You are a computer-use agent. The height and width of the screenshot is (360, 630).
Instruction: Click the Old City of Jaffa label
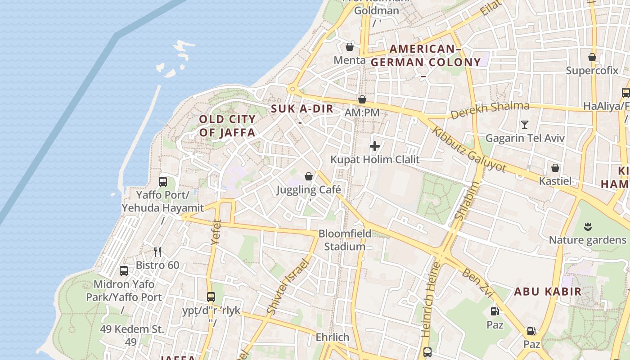click(x=227, y=126)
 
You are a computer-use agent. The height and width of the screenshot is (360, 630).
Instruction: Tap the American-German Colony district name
click(x=426, y=56)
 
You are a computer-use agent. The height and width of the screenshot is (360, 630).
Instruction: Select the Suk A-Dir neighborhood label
click(x=302, y=109)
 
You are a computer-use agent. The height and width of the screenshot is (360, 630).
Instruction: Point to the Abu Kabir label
click(x=548, y=292)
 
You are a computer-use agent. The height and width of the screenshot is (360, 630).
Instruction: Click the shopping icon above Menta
click(x=350, y=46)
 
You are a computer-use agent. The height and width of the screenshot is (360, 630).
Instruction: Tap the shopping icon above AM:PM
click(x=362, y=99)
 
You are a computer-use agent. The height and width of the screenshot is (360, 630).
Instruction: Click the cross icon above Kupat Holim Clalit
click(x=375, y=146)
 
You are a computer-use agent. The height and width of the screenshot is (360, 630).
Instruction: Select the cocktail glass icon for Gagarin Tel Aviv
click(x=524, y=125)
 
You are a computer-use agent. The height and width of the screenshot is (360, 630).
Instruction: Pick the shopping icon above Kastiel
click(x=555, y=168)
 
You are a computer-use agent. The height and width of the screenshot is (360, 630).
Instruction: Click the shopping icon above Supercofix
click(x=592, y=57)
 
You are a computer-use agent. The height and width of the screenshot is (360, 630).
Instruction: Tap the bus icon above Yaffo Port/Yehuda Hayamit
click(x=163, y=182)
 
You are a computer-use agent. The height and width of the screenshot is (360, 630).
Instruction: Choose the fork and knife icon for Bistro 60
click(x=157, y=252)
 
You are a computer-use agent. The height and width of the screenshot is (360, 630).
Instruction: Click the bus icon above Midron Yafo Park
click(x=124, y=271)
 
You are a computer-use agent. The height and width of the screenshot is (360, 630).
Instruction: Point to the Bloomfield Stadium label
click(x=345, y=240)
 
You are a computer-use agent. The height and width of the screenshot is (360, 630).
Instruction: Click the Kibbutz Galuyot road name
click(x=469, y=149)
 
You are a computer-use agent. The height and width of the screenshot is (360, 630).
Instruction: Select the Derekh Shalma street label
click(x=490, y=110)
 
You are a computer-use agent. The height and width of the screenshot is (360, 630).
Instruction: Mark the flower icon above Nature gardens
click(x=588, y=226)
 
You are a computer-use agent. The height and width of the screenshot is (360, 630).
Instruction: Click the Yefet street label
click(x=216, y=232)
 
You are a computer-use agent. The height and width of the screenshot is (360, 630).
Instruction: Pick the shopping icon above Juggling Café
click(x=309, y=176)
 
